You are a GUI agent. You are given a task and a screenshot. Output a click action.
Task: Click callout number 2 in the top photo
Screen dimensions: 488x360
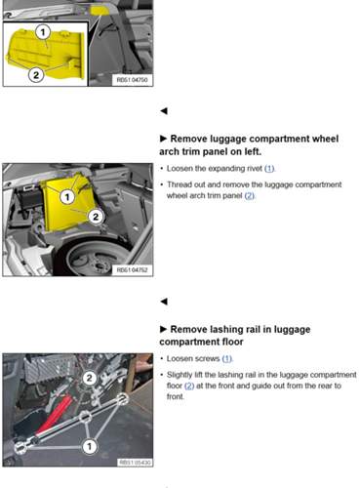pyautogui.click(x=35, y=73)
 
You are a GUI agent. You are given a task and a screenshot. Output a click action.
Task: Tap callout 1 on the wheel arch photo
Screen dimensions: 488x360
pyautogui.click(x=67, y=196)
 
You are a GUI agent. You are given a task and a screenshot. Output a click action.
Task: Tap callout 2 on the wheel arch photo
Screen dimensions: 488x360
pyautogui.click(x=96, y=215)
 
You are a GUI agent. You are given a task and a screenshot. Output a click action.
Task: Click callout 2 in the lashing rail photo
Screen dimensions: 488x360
pyautogui.click(x=89, y=377)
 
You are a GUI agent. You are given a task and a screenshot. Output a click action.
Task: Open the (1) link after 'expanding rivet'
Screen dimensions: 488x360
pyautogui.click(x=269, y=169)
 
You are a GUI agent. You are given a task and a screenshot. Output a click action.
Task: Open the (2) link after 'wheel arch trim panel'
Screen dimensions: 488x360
pyautogui.click(x=249, y=195)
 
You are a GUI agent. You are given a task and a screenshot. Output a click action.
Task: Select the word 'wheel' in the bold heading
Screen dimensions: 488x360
pyautogui.click(x=311, y=140)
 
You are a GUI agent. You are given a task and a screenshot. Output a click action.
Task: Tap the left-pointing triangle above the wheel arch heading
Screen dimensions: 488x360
pyautogui.click(x=163, y=110)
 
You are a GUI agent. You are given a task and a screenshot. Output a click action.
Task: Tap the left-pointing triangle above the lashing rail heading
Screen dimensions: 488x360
pyautogui.click(x=163, y=301)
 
